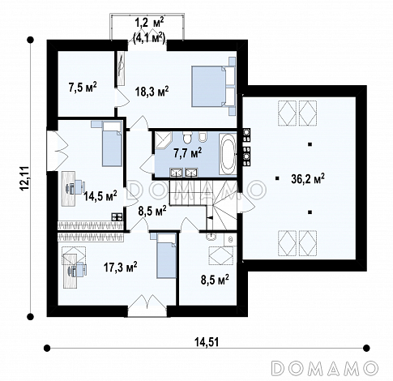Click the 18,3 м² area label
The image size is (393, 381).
152,91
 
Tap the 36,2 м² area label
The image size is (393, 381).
308,178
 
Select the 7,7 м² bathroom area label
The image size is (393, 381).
188,153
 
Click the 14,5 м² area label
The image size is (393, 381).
100,195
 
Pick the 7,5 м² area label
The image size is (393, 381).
83,88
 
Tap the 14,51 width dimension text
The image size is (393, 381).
207,342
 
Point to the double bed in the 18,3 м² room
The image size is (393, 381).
213,86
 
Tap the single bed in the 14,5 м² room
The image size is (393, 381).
111,143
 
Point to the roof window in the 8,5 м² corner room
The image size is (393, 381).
220,255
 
